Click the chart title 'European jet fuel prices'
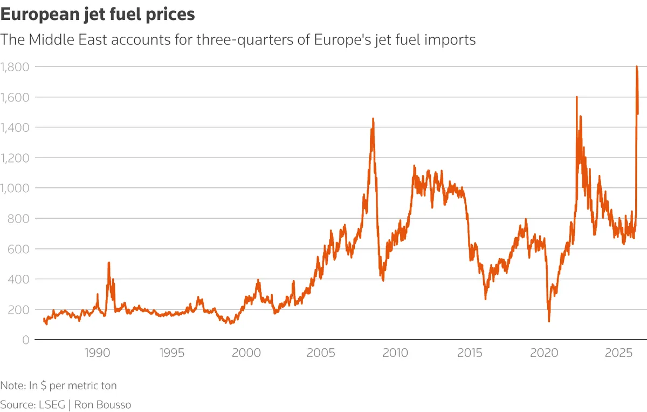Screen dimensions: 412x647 [98, 15]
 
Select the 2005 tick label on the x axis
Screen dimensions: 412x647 [321, 354]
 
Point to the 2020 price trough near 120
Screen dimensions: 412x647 [549, 321]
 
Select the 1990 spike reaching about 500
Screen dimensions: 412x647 [109, 263]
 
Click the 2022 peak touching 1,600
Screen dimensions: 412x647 [576, 98]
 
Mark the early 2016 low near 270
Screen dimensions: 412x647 [485, 299]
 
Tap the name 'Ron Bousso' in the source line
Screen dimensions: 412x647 [106, 404]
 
